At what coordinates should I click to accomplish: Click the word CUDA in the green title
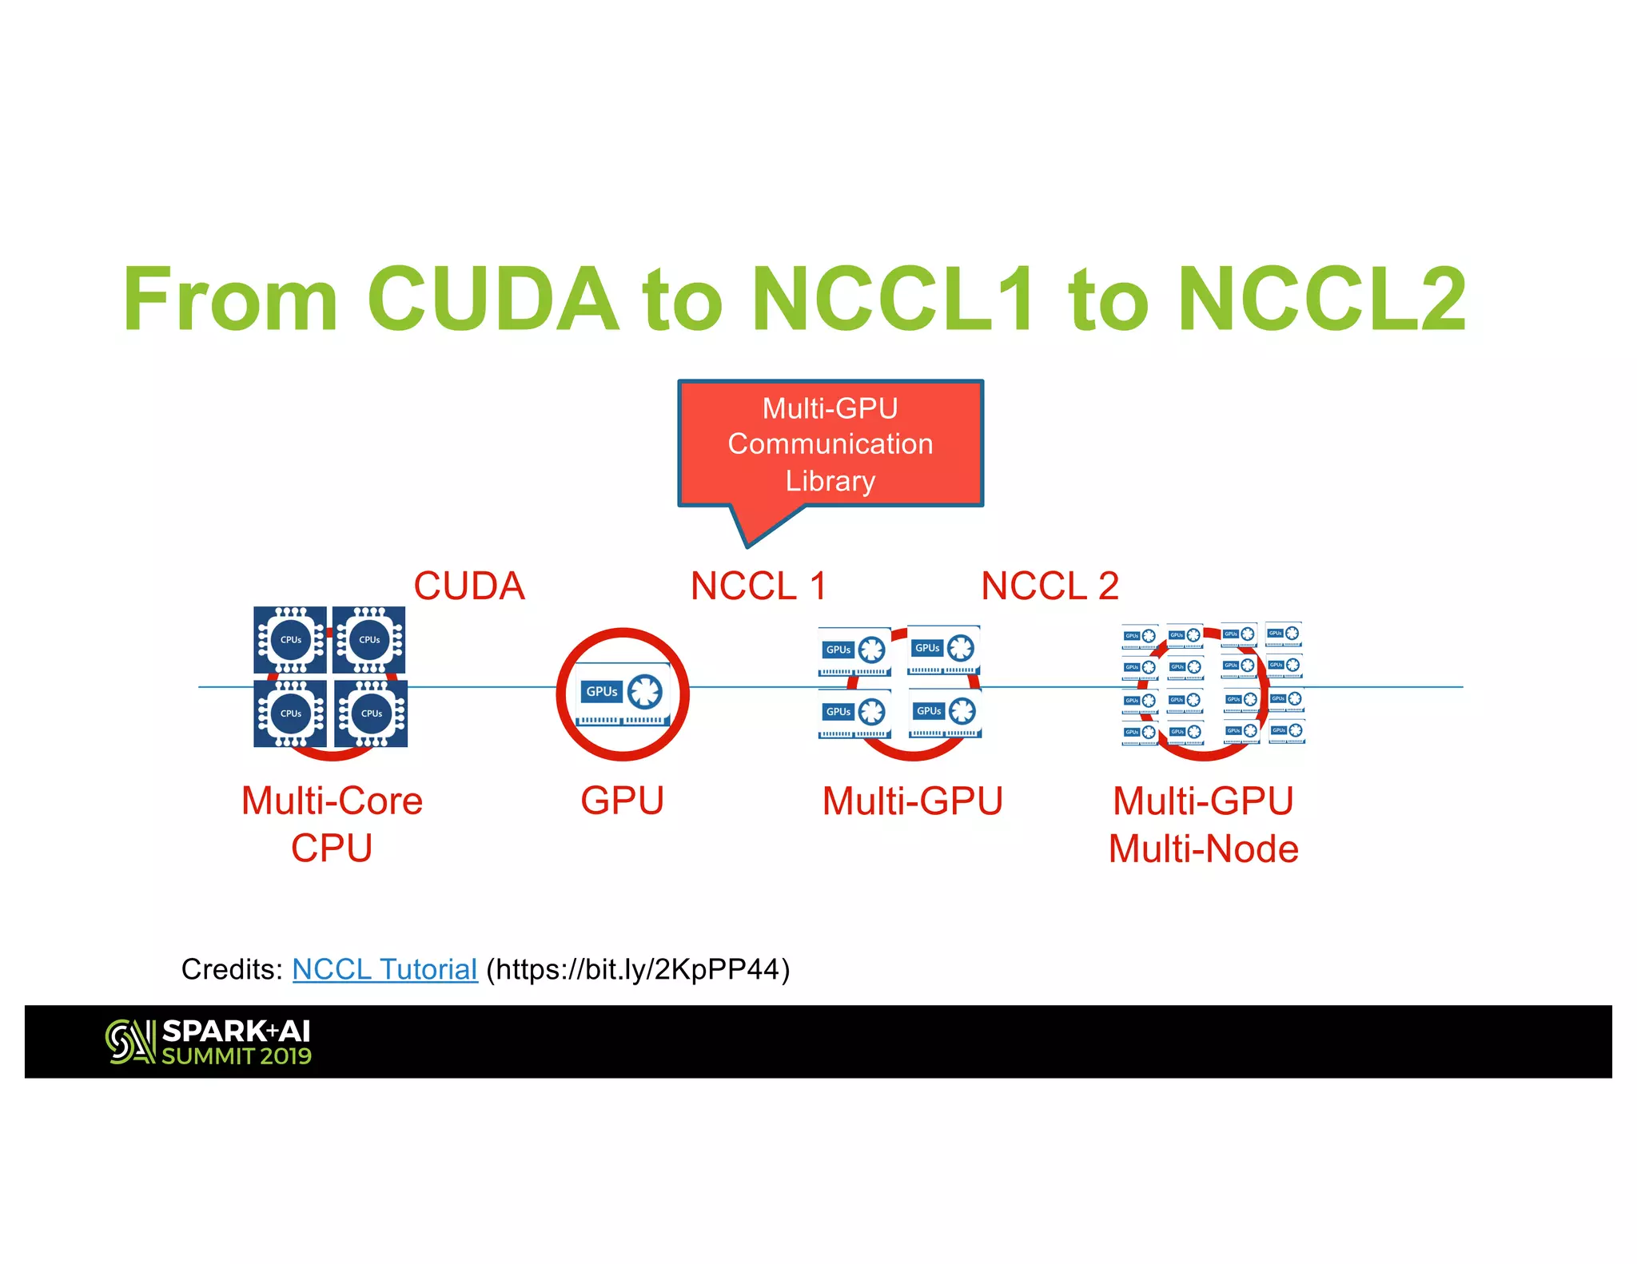point(492,299)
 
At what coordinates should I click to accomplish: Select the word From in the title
point(230,299)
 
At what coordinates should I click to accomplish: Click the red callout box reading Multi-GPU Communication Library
point(830,443)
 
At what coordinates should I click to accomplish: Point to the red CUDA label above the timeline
point(469,586)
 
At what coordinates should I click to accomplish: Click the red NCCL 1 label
point(758,586)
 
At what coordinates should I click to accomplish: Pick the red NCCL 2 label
point(1050,586)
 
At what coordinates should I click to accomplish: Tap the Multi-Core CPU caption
point(332,824)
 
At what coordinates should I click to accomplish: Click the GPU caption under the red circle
point(622,801)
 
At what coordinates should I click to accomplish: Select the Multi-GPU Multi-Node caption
point(1203,825)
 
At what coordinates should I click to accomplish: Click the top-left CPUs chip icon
point(290,640)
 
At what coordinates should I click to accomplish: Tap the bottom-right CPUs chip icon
point(371,713)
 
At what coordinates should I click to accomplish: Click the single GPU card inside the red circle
point(623,694)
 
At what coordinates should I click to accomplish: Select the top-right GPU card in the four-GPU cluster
point(944,650)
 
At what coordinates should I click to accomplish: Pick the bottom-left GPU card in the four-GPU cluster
point(854,713)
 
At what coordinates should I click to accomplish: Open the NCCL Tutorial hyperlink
point(384,969)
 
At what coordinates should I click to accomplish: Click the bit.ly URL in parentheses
point(638,969)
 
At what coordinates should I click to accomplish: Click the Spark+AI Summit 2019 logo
point(209,1042)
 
